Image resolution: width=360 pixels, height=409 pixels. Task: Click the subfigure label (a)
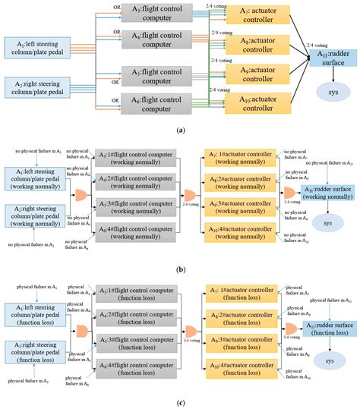pos(180,131)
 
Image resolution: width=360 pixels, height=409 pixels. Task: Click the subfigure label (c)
pos(180,403)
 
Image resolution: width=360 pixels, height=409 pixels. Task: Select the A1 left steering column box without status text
pos(36,46)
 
